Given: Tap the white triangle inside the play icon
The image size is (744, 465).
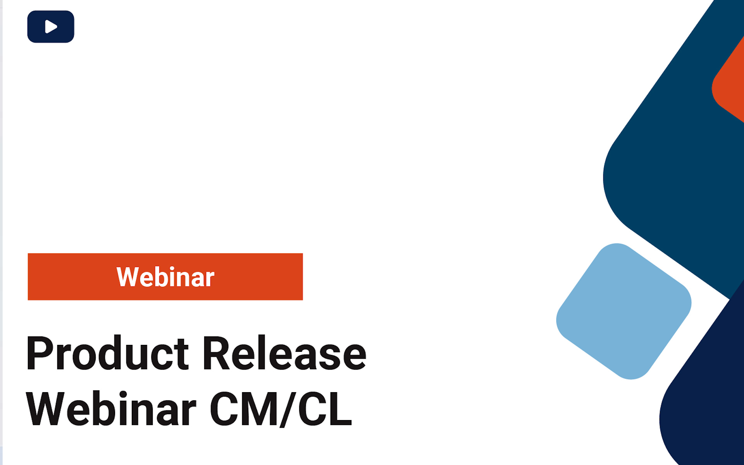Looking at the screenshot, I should coord(51,27).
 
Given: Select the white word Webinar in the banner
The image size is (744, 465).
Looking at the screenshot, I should coord(165,277).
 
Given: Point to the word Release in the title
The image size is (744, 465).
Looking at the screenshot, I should coord(284,353).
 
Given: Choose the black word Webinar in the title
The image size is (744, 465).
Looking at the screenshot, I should coord(111,409).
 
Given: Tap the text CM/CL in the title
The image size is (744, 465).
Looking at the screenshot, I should coord(281,409).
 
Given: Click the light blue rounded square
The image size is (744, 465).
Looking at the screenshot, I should coord(623,311).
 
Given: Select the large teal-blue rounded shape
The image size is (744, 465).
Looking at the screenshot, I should coord(674,174).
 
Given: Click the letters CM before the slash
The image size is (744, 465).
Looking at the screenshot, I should coord(244,409).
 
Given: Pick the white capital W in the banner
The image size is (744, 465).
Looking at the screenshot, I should coord(127,277).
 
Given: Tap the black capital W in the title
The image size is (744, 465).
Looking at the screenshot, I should coord(45,409).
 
